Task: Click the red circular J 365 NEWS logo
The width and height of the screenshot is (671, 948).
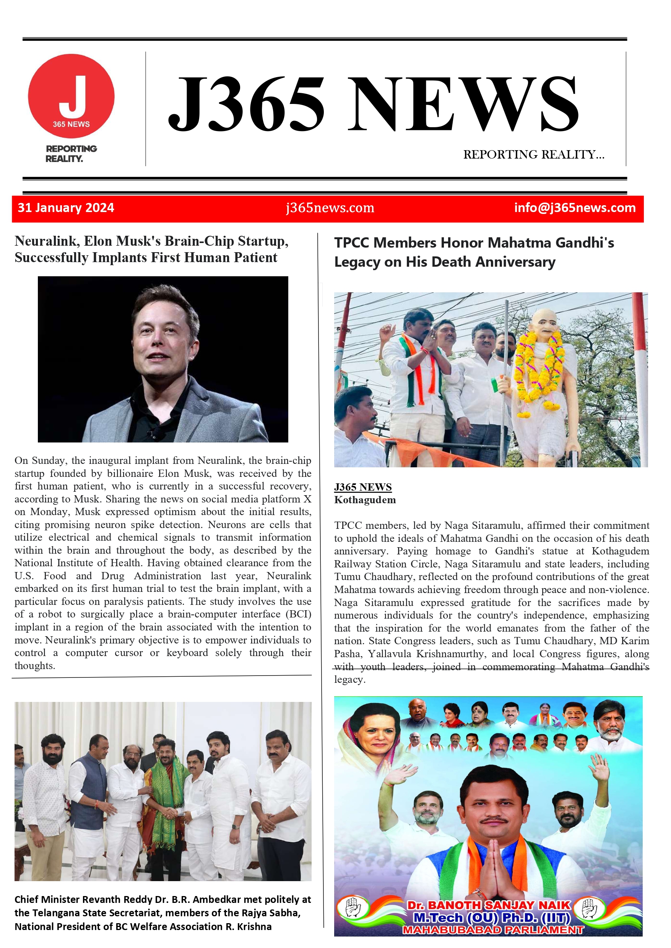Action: pos(71,96)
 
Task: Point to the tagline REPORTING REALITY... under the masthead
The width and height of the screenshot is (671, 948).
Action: pos(533,154)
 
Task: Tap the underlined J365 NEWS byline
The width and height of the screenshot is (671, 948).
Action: pos(362,487)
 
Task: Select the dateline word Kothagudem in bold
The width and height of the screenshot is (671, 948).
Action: pos(365,500)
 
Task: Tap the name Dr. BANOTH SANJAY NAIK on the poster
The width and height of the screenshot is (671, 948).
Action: pos(488,905)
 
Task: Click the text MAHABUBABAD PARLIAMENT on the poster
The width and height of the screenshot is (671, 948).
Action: pos(492,930)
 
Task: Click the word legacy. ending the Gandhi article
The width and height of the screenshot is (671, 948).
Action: pos(349,679)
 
